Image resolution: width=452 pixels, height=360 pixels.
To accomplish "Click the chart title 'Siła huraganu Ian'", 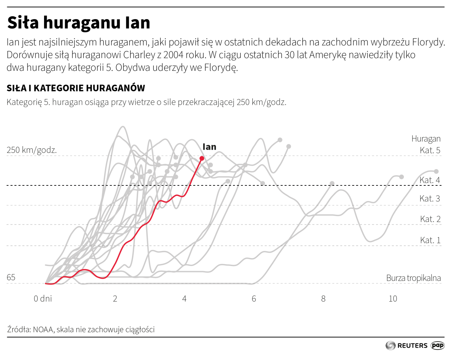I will coord(78,23).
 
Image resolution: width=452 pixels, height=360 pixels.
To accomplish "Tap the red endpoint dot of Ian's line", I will coord(202,158).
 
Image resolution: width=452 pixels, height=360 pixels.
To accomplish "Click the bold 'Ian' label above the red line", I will coord(209,147).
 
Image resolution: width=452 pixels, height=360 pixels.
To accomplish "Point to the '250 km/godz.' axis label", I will coord(31,150).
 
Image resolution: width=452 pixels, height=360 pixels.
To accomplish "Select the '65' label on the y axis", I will coord(11,277).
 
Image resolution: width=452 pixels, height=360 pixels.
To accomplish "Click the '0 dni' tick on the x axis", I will coord(43,299).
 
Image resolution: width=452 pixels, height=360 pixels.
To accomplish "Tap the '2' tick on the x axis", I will coord(115,299).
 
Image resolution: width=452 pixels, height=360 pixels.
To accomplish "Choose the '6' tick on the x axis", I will coord(254,299).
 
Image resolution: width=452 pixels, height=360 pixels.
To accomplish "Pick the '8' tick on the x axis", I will coord(323,299).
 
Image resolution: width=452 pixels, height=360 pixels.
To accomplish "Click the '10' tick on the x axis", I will coord(393,299).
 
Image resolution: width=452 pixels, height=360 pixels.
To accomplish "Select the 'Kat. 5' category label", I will coord(430,150).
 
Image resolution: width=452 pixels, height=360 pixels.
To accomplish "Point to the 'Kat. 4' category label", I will coord(430,180).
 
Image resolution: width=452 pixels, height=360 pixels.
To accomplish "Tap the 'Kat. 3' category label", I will coord(430,198).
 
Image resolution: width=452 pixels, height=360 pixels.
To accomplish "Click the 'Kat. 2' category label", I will coord(430,219).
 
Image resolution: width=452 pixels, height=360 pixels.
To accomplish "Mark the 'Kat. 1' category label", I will coord(430,240).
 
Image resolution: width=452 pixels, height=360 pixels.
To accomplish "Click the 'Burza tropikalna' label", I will coord(413,278).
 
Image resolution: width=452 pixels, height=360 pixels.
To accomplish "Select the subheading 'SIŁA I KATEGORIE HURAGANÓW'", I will coord(76,88).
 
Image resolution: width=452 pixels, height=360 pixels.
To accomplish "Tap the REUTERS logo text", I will coord(412,346).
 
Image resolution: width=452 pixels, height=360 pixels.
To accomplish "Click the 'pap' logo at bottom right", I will coord(438,346).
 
